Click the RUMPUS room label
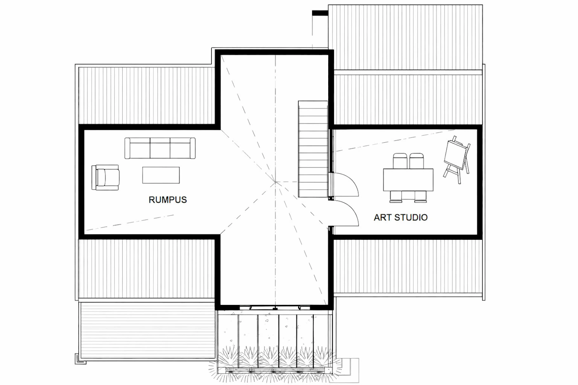[168, 200]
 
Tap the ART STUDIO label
[400, 217]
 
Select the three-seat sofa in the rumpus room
[160, 148]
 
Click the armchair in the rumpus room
[105, 177]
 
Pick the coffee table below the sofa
[161, 175]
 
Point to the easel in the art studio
[457, 160]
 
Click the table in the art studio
[408, 180]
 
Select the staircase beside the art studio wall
[313, 149]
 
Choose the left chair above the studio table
[400, 161]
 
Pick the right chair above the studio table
[417, 161]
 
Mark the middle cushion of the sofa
[160, 148]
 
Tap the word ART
[382, 217]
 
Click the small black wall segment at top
[320, 13]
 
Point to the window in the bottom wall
[275, 307]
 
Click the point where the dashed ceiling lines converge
[276, 182]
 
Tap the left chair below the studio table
[396, 196]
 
